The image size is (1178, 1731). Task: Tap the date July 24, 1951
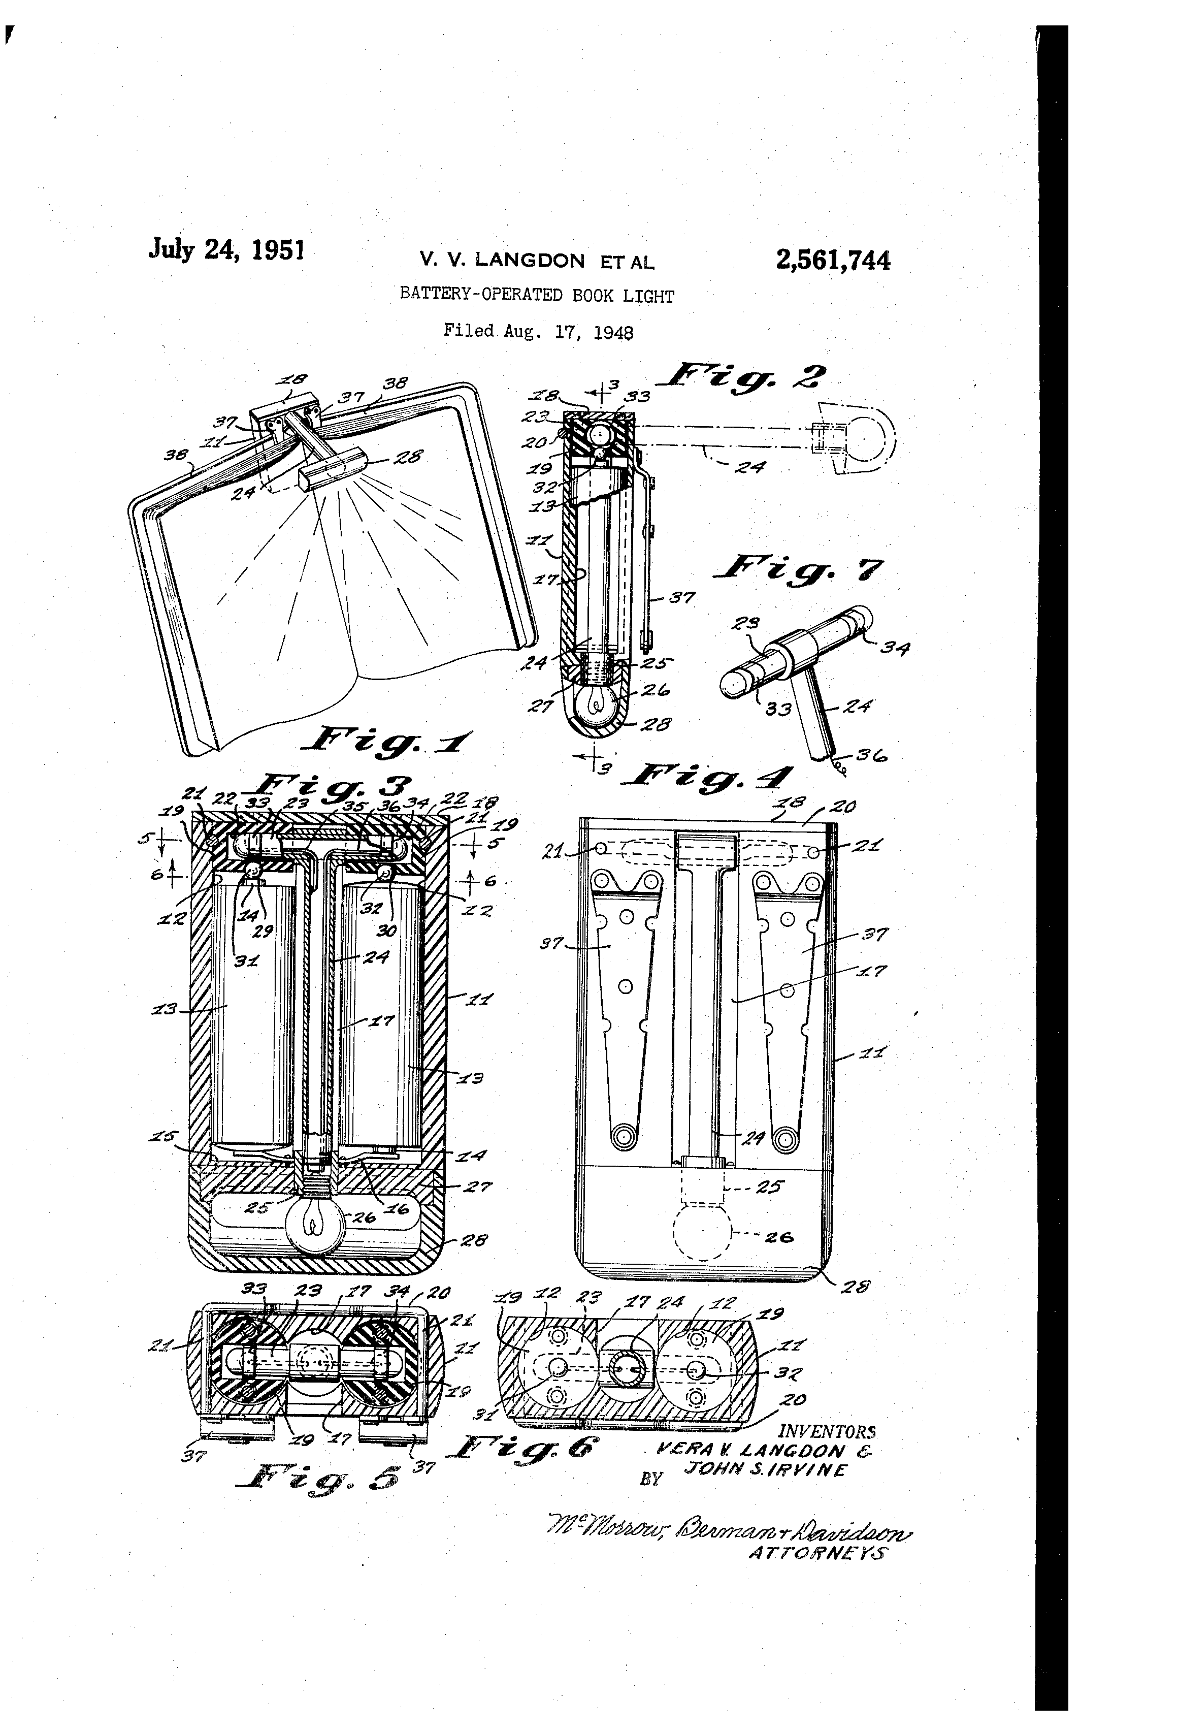click(x=226, y=249)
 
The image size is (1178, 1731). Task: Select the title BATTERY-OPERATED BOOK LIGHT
click(x=536, y=295)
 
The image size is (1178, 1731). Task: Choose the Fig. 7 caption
click(x=798, y=570)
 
